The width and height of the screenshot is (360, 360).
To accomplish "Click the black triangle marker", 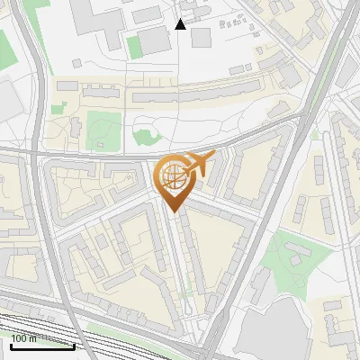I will [x=180, y=24].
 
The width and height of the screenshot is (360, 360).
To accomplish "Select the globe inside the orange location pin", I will [x=171, y=177].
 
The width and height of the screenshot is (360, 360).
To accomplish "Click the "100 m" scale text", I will [x=24, y=338].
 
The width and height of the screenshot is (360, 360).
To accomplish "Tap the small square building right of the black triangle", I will [x=200, y=37].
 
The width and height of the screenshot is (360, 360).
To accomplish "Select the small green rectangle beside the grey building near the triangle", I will [x=133, y=47].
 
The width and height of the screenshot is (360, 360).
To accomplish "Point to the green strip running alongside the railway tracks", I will [x=135, y=338].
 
